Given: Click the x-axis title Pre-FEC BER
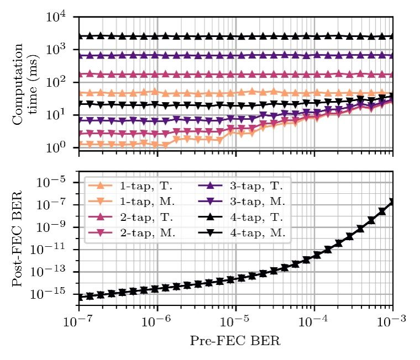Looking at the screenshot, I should click(x=235, y=341).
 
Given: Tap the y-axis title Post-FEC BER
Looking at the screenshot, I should click(x=18, y=239).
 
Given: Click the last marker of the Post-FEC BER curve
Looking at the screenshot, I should click(x=392, y=202).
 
